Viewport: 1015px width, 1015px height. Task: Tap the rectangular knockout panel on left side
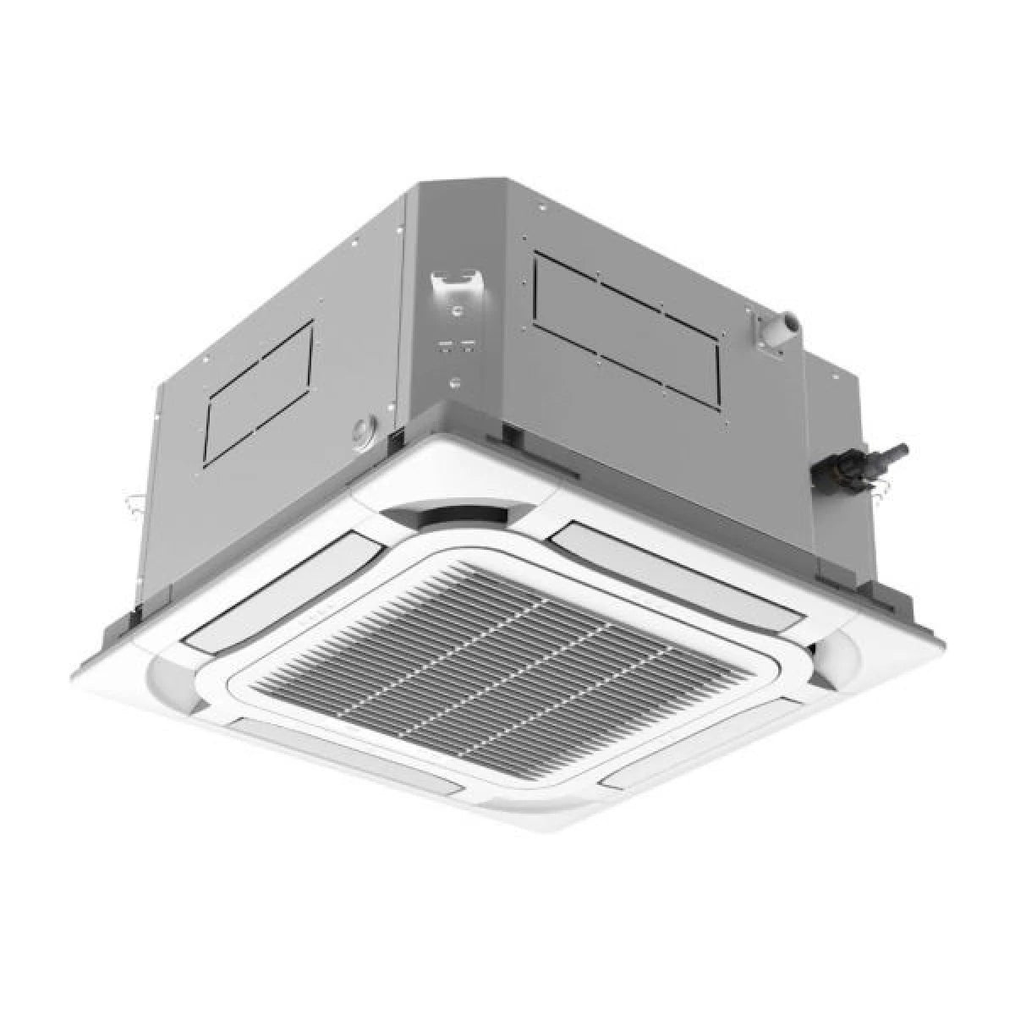pyautogui.click(x=261, y=391)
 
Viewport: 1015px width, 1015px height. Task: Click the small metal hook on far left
pyautogui.click(x=129, y=507)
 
